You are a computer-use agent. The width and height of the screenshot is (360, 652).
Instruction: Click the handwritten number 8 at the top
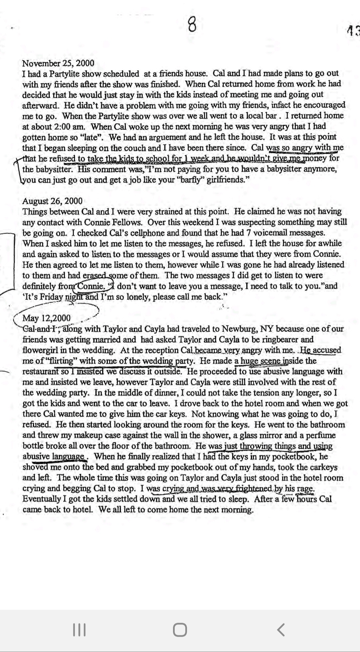tap(192, 25)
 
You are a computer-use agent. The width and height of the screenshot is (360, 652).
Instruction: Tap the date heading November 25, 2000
tap(58, 63)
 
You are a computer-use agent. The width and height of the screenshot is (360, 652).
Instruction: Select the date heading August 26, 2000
tap(52, 201)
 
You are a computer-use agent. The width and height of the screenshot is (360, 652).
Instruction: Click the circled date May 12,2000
tap(46, 318)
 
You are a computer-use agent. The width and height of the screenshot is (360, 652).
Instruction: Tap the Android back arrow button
tap(281, 630)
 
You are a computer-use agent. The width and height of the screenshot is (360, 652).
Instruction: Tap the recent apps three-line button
tap(79, 630)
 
